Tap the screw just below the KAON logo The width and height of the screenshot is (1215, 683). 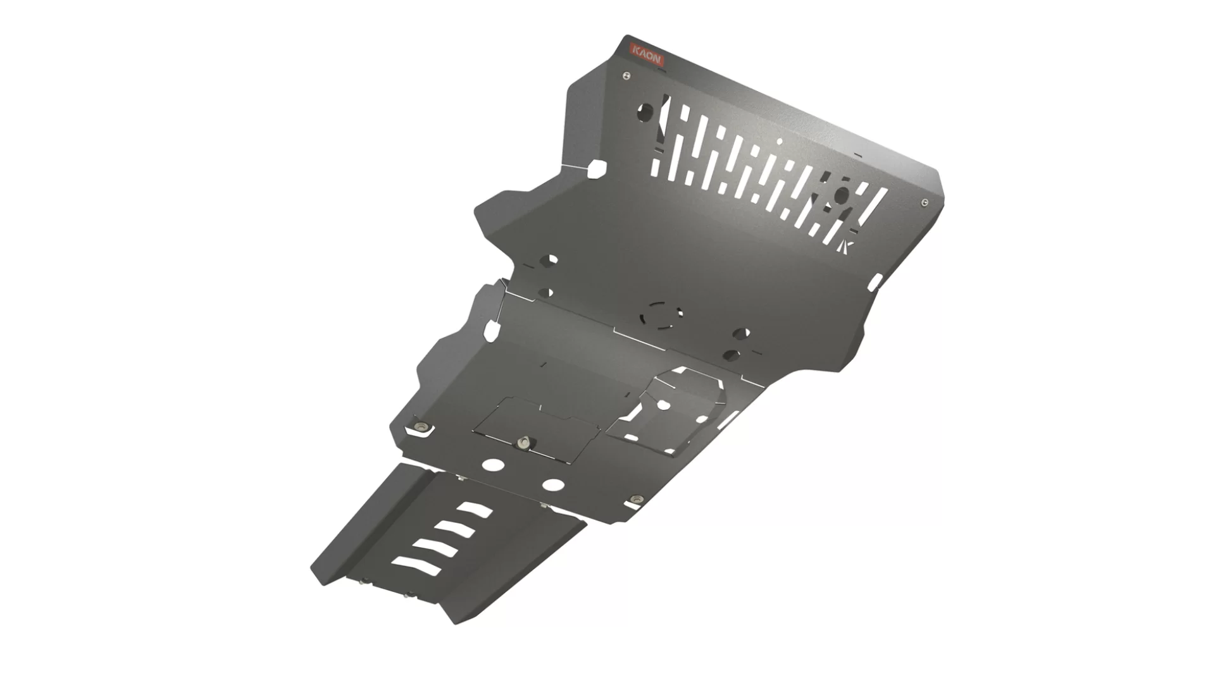coord(626,76)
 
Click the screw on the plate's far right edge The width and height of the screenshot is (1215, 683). coord(925,202)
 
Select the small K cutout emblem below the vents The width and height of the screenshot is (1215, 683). coord(847,245)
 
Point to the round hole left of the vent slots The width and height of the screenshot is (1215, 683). coord(645,113)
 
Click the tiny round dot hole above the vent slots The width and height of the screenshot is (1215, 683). coord(780,140)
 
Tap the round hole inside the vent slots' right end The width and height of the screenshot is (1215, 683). coord(842,194)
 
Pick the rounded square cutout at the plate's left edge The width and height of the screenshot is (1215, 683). coord(597,168)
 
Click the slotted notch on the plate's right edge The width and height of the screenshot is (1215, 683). coord(875,281)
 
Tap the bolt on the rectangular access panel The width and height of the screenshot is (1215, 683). coord(523,443)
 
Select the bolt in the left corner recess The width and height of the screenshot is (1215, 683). coord(420,426)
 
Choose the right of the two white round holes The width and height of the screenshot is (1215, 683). coord(554,485)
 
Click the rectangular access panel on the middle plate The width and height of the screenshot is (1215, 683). coord(538,427)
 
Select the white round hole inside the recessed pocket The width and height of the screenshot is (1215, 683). coord(664,403)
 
